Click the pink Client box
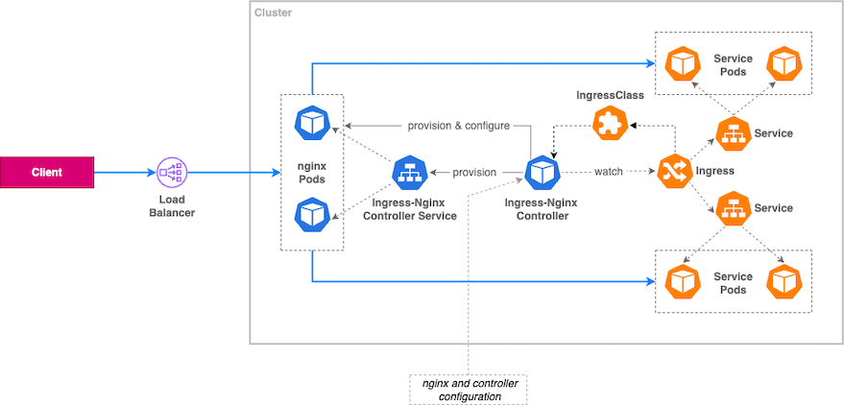click(x=46, y=173)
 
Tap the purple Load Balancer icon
click(x=172, y=173)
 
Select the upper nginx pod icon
click(x=311, y=122)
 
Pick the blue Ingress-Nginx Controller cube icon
click(x=541, y=174)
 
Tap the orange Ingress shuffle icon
click(x=669, y=172)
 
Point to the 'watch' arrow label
click(x=608, y=173)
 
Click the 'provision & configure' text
click(x=458, y=126)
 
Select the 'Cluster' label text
click(x=274, y=13)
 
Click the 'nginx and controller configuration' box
click(x=469, y=389)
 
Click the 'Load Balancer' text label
click(x=172, y=205)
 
